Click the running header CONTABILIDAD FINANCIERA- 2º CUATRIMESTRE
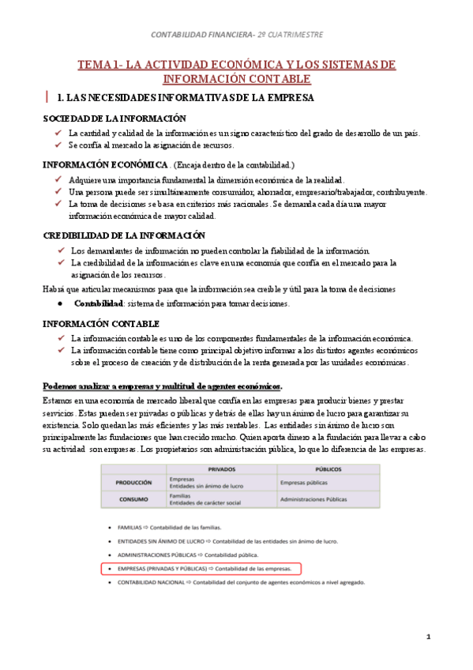click(x=236, y=35)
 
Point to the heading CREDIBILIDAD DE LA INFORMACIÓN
click(x=123, y=235)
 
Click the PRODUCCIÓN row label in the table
click(x=133, y=482)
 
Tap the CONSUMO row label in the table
click(x=133, y=499)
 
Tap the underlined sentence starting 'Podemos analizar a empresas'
click(x=162, y=386)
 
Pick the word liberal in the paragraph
click(x=175, y=402)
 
